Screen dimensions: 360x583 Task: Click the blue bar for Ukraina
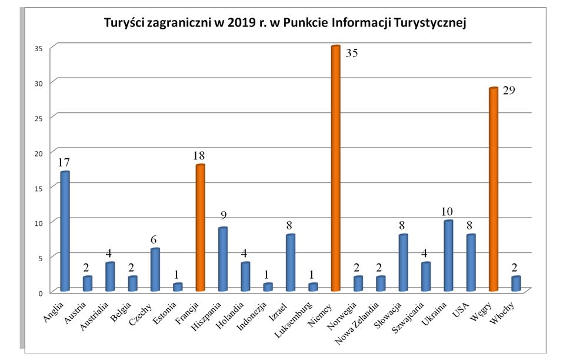click(448, 256)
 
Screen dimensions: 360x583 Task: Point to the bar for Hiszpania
click(222, 259)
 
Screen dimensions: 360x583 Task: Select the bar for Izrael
click(290, 262)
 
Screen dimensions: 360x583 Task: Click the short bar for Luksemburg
click(312, 287)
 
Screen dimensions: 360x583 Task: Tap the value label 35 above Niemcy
click(352, 54)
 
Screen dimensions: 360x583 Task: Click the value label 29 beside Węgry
click(509, 90)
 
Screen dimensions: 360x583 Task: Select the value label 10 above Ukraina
click(448, 211)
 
